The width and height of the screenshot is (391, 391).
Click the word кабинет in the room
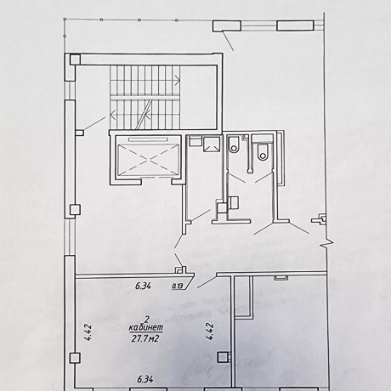click(x=146, y=328)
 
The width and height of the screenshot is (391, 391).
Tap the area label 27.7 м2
click(x=144, y=338)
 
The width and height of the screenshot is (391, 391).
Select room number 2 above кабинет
click(x=147, y=320)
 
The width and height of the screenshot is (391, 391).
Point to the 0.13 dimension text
click(x=177, y=286)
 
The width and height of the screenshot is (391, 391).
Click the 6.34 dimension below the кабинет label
click(x=144, y=379)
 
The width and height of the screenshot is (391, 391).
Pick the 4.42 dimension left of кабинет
click(x=88, y=332)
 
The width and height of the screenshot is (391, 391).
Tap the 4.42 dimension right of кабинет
click(x=210, y=331)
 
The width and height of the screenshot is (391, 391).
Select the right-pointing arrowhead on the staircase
click(x=178, y=80)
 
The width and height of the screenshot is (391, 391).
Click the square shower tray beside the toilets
click(x=212, y=144)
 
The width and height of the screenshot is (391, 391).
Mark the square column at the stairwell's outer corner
click(x=75, y=59)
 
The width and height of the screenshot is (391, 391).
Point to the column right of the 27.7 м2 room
click(x=223, y=357)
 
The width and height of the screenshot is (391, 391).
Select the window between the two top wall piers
click(x=258, y=25)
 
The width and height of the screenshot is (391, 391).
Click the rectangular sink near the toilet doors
click(x=234, y=202)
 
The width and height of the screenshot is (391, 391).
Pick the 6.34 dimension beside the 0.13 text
click(x=143, y=286)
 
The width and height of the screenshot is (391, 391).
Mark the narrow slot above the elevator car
click(x=149, y=139)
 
